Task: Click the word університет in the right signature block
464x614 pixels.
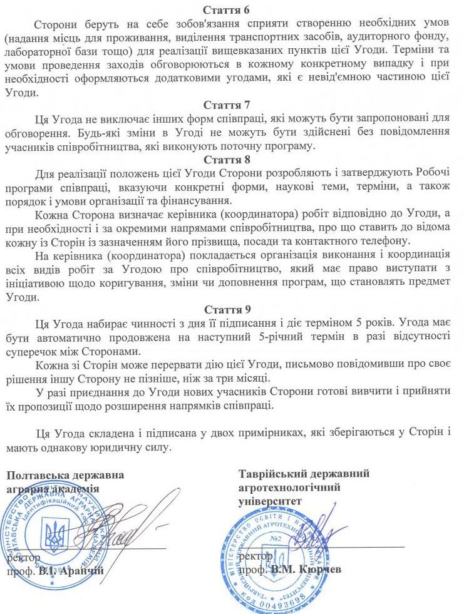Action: point(270,501)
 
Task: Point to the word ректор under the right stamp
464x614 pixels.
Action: point(256,555)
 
